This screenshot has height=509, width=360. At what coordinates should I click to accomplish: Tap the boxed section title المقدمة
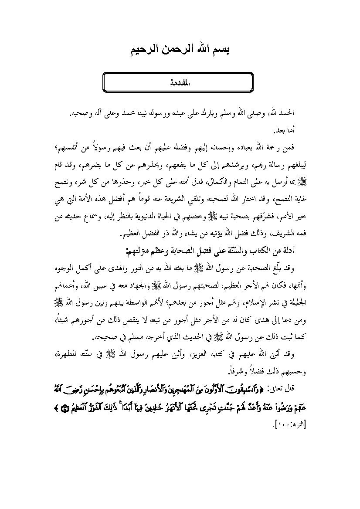(178, 82)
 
